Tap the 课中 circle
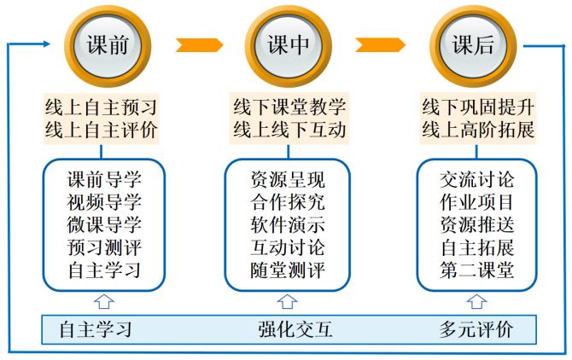(x=288, y=45)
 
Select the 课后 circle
(x=473, y=45)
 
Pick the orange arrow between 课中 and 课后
(x=380, y=45)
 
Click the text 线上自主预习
(x=102, y=107)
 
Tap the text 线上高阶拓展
(x=478, y=131)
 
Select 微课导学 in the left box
(x=103, y=226)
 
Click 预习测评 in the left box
(x=103, y=249)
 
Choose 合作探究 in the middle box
(x=288, y=203)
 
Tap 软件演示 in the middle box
(x=288, y=226)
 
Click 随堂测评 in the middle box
(x=288, y=272)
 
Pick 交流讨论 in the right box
(x=477, y=180)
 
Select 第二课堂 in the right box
(x=477, y=272)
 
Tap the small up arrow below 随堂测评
(x=289, y=301)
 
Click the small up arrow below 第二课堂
(x=477, y=301)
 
